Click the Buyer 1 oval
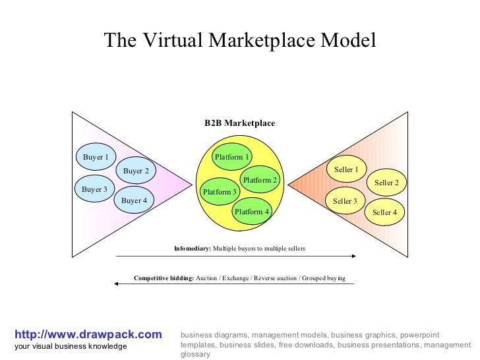(x=95, y=157)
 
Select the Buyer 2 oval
(x=136, y=171)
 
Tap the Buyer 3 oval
(x=94, y=190)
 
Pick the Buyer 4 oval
(x=134, y=200)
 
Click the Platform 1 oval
(x=232, y=157)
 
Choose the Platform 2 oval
(x=260, y=180)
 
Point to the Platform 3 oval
(x=220, y=192)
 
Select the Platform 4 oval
(x=252, y=212)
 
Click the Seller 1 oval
(x=345, y=170)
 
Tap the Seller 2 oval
(x=386, y=183)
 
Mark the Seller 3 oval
(x=345, y=201)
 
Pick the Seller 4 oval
(x=384, y=212)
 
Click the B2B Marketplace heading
(x=239, y=123)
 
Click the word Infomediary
(x=192, y=249)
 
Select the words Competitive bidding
(x=164, y=278)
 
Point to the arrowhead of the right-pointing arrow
(x=353, y=256)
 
